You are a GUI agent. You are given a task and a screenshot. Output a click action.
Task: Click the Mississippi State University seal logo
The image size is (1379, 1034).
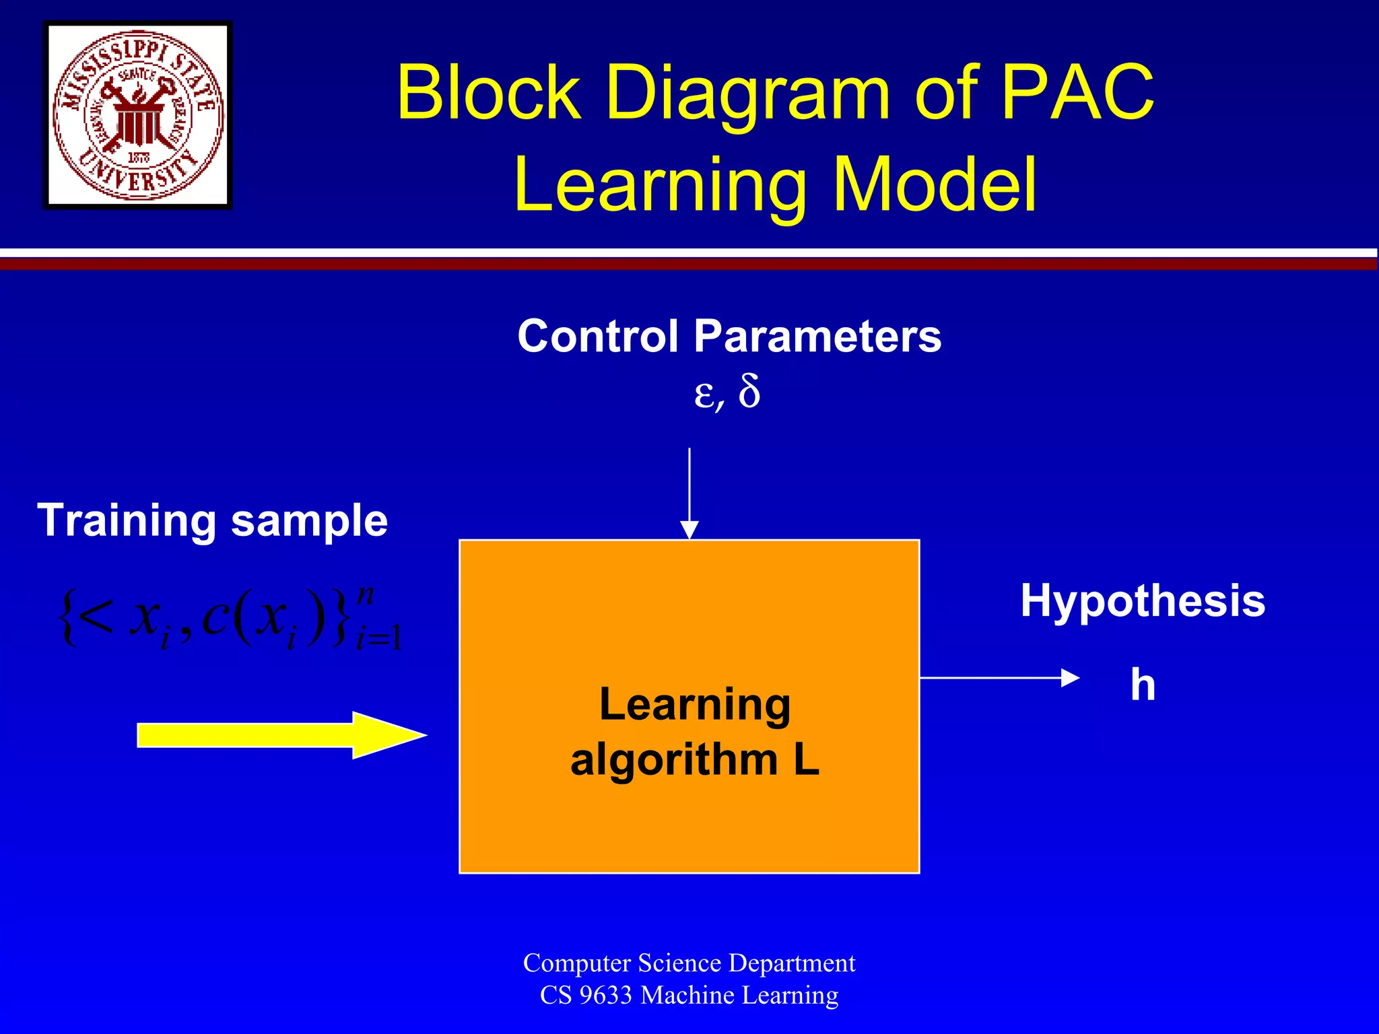point(138,115)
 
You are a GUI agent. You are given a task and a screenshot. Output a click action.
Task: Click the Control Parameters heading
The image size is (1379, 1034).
point(729,336)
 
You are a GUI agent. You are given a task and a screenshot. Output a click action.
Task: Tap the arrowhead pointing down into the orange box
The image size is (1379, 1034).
point(689,529)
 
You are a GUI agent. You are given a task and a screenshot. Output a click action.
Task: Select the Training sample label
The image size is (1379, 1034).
point(213,520)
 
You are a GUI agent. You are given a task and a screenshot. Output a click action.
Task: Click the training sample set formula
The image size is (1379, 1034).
point(229,618)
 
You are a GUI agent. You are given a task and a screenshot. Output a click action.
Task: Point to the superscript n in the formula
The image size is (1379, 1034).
point(365,594)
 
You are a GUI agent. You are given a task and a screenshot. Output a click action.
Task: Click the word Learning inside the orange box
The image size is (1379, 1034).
point(695,704)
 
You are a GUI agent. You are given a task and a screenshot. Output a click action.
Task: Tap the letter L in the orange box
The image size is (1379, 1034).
point(806,759)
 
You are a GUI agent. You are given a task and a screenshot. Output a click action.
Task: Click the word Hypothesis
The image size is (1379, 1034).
point(1143,600)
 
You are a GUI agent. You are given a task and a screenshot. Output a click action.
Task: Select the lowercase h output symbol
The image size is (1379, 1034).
point(1143,685)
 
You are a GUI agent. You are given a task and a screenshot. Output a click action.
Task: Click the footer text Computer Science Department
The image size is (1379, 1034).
point(689,963)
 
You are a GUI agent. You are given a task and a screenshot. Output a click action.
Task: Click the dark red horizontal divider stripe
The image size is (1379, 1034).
point(689,265)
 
